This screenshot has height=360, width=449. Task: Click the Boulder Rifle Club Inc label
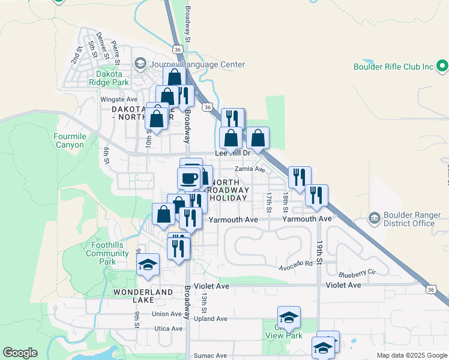tap(393, 67)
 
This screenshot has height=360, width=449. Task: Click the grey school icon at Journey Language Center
tap(140, 63)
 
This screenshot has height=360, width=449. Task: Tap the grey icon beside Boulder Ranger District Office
tap(374, 217)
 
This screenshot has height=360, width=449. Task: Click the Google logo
tap(20, 353)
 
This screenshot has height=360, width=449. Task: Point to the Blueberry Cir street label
tap(356, 272)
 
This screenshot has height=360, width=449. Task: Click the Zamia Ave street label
tap(250, 169)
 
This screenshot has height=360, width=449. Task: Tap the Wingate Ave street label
tap(118, 100)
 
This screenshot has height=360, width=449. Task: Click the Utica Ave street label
tap(167, 329)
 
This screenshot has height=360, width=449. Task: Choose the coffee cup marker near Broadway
tap(189, 178)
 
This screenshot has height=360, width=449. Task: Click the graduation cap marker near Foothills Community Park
tap(147, 265)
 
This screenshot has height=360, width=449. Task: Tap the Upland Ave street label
tap(214, 319)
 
